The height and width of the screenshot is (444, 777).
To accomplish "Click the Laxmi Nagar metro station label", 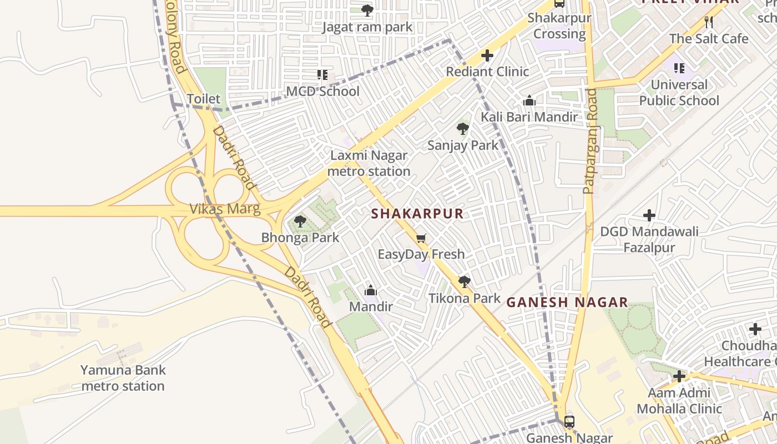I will [x=369, y=164].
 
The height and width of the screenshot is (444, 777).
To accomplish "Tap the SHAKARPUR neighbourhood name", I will [x=417, y=214].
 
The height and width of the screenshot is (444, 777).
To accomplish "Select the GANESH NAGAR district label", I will [x=567, y=302].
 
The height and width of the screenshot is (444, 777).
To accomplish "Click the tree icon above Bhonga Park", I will [x=300, y=221].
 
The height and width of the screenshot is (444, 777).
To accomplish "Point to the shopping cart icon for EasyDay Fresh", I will [x=421, y=239].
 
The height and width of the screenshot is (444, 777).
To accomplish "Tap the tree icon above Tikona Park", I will [x=464, y=282].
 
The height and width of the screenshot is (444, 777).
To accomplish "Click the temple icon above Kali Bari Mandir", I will [x=529, y=100].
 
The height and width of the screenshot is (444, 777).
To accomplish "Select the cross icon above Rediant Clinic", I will [x=487, y=56].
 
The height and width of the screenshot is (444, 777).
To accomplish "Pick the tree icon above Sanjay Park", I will [x=463, y=129].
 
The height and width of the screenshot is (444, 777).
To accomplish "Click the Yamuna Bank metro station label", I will [x=123, y=378].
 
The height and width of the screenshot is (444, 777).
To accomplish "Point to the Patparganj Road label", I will [x=591, y=141].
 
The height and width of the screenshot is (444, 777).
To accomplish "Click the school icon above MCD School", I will [x=322, y=74].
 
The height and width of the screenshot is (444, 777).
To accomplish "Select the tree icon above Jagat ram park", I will [x=367, y=10].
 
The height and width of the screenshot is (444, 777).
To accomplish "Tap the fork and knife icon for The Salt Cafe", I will [x=708, y=22].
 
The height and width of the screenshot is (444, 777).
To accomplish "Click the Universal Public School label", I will [x=679, y=93].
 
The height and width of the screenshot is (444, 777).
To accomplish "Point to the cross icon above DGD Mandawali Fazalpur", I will [x=649, y=215].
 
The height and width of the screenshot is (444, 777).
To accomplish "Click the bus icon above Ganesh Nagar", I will [x=569, y=421].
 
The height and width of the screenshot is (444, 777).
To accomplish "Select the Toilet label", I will [x=203, y=99].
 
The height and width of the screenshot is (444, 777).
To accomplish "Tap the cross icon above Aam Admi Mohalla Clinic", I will [x=679, y=377].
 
